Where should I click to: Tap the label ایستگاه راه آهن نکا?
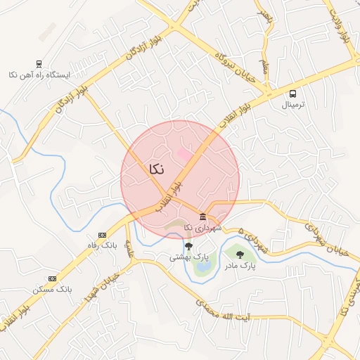[39, 74]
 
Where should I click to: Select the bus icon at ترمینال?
[292, 94]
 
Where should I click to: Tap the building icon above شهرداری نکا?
[202, 216]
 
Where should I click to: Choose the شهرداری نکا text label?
[202, 228]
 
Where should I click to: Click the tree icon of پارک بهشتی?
[188, 246]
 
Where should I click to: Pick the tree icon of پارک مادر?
[240, 255]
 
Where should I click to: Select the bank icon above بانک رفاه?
[102, 234]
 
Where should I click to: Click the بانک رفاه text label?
[101, 245]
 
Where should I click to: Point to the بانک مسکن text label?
[52, 289]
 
